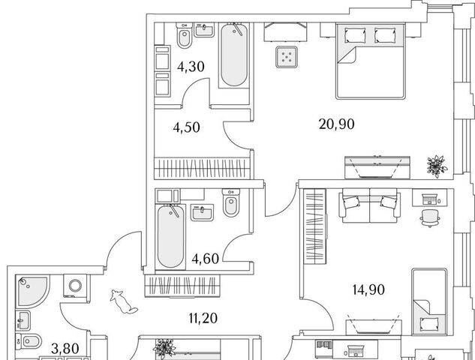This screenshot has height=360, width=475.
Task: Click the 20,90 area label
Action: coord(337,124)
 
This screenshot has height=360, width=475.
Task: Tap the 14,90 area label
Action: coord(368,289)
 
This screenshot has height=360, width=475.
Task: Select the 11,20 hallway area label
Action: coord(203,318)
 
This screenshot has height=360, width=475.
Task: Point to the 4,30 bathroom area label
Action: coord(191,67)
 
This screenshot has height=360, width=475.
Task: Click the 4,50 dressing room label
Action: coord(186,127)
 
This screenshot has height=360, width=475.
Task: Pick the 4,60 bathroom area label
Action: coord(206,259)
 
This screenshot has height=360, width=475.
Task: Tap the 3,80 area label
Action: coord(65,349)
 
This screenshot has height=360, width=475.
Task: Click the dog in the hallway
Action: coord(123,301)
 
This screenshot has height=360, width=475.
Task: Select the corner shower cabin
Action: coord(32,291)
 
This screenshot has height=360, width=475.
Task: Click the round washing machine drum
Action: coord(75,286)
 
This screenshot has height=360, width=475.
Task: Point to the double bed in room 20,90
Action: coord(370,61)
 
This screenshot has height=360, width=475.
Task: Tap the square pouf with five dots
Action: coord(286,56)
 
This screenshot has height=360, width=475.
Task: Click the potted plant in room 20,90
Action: coord(437,166)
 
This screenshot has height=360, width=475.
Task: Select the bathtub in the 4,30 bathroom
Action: coord(234,55)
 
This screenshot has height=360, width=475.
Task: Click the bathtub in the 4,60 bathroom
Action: coord(170,236)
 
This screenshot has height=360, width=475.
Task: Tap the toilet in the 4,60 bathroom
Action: coord(231,202)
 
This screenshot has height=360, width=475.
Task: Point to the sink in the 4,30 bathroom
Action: coord(204,30)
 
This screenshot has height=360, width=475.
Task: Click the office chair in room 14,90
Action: coord(430,217)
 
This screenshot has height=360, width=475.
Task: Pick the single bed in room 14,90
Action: coord(429,301)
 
